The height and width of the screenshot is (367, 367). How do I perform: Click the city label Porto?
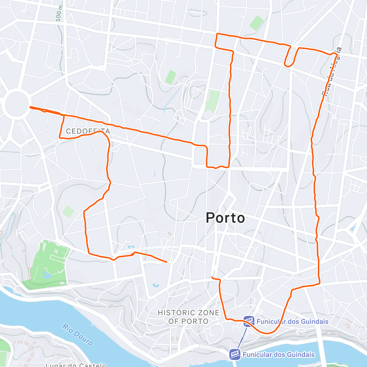click(x=225, y=218)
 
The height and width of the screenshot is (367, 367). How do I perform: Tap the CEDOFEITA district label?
click(x=88, y=132)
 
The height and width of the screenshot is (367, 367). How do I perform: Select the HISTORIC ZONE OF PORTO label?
click(x=189, y=317)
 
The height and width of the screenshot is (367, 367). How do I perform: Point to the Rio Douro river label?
click(x=77, y=335)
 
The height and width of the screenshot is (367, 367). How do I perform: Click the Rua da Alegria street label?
click(x=332, y=72)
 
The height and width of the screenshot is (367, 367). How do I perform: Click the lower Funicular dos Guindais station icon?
click(x=235, y=354)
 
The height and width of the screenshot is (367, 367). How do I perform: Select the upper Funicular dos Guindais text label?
click(x=292, y=321)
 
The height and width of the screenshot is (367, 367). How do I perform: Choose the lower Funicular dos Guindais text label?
click(x=279, y=354)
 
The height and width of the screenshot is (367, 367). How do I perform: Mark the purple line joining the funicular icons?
click(x=242, y=338)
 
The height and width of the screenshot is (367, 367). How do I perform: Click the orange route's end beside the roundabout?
click(x=30, y=107)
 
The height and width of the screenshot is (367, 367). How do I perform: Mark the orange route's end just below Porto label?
click(x=212, y=277)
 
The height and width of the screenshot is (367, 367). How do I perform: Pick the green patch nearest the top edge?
click(x=256, y=23)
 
